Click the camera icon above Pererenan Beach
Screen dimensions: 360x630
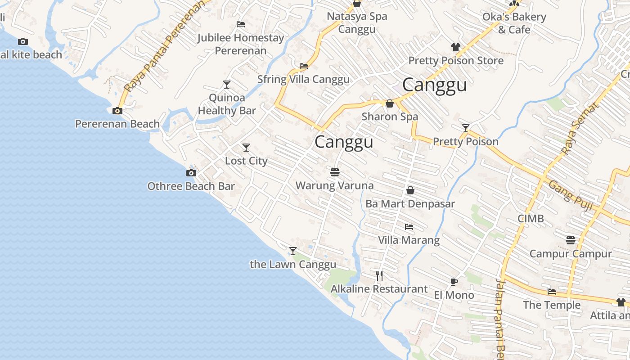pos(117,111)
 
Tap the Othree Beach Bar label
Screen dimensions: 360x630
pos(191,186)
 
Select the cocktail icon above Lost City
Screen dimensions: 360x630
pos(246,148)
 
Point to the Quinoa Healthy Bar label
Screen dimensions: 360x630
pos(227,104)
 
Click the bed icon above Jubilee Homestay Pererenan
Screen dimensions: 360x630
pos(241,24)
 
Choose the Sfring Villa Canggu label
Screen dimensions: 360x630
pos(303,80)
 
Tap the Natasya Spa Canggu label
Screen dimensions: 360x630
pos(357,23)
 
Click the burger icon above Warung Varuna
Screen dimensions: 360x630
pos(334,172)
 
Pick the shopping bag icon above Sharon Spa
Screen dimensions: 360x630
pos(390,103)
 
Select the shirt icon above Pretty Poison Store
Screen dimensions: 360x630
pos(456,47)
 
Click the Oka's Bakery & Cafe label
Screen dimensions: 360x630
pos(514,23)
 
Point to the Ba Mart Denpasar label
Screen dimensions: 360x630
pos(410,204)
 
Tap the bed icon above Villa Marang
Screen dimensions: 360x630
pos(409,227)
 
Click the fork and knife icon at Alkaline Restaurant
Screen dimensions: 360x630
pos(379,275)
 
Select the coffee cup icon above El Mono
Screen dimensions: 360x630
pos(454,282)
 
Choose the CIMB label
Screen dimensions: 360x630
pos(531,219)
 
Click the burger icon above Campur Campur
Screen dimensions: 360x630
pos(571,240)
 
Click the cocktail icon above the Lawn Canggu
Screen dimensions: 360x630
pos(293,251)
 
